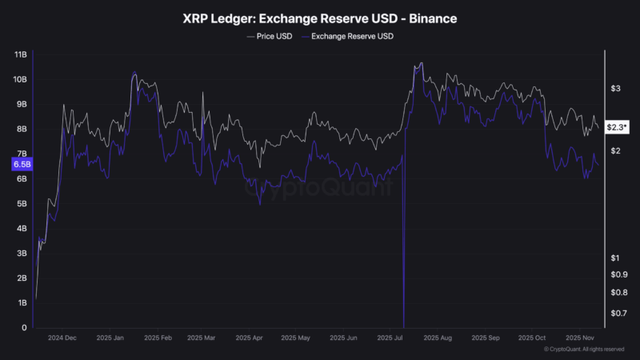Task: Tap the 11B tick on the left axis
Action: tap(21, 54)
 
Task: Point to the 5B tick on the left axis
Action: tap(21, 204)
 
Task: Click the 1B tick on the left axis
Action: tap(21, 303)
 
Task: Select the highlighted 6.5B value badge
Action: tap(21, 164)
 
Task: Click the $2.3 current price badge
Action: tap(617, 126)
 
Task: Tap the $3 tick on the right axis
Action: tap(615, 88)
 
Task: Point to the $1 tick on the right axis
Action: tap(615, 258)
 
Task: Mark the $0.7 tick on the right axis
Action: tap(618, 313)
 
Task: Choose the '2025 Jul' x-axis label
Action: tap(392, 338)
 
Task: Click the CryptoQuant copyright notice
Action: tap(584, 350)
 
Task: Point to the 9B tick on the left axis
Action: tap(21, 104)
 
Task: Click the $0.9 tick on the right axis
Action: tap(618, 274)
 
